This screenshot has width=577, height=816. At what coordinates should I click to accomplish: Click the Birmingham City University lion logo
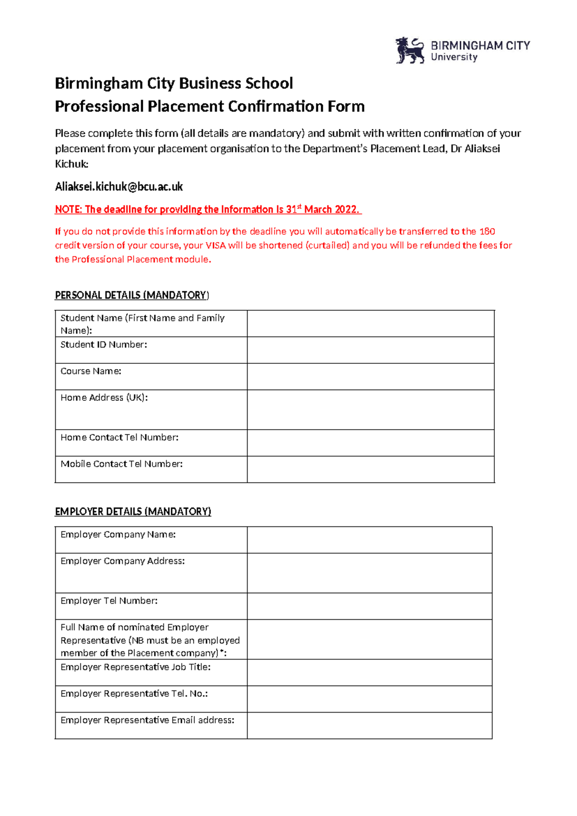point(409,51)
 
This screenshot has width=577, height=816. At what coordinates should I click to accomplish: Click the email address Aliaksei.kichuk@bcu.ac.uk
point(119,187)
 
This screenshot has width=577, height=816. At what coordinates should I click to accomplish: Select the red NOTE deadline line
point(208,209)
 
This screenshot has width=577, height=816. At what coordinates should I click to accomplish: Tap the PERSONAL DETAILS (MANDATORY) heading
point(132,295)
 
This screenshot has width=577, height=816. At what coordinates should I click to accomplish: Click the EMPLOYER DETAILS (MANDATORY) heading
point(133,511)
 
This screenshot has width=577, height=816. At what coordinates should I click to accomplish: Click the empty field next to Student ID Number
point(370,350)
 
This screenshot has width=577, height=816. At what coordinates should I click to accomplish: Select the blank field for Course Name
point(370,376)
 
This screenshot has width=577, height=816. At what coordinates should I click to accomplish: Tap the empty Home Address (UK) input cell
point(370,409)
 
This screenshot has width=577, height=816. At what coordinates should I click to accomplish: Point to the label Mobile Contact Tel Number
point(121,464)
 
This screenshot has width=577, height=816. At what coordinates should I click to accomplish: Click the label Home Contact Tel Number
point(119,437)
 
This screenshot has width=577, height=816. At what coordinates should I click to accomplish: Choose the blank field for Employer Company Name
point(369,540)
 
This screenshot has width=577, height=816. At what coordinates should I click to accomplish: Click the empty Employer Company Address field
point(369,573)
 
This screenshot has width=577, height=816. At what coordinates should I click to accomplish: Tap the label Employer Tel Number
point(109,601)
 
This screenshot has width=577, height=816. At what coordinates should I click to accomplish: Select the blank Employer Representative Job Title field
point(369,672)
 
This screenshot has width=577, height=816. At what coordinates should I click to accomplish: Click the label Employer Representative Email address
point(147,720)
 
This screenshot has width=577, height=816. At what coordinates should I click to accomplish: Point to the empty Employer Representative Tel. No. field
point(369,699)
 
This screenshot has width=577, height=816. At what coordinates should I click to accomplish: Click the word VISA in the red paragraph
point(215,245)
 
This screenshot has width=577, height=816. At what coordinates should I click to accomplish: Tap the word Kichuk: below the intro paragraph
point(72,164)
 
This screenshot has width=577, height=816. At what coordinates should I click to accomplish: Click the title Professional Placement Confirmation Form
point(210,106)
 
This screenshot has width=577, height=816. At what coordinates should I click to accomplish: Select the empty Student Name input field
point(370,323)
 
